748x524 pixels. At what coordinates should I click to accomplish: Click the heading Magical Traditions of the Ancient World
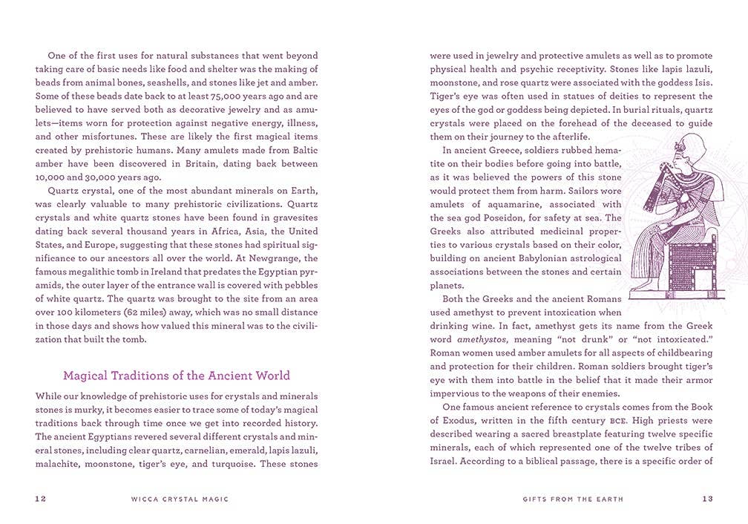pyautogui.click(x=177, y=376)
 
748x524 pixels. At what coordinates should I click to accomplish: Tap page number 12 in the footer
pyautogui.click(x=41, y=500)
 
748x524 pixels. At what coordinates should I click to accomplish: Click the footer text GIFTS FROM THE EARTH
pyautogui.click(x=568, y=500)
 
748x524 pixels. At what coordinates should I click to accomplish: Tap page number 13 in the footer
pyautogui.click(x=707, y=500)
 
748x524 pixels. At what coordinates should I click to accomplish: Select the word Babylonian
pyautogui.click(x=527, y=258)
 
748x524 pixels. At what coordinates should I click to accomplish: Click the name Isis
pyautogui.click(x=701, y=82)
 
